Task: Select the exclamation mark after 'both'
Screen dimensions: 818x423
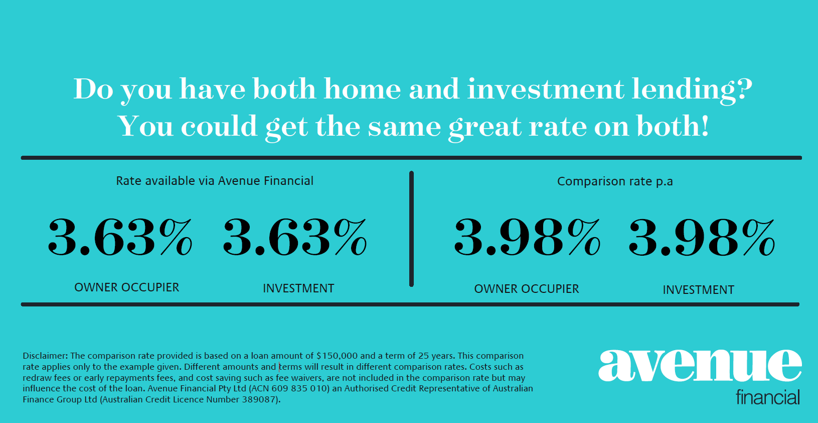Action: point(705,126)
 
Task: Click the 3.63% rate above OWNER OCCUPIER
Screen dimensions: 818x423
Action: point(120,237)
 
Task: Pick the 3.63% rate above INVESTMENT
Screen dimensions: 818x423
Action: point(295,237)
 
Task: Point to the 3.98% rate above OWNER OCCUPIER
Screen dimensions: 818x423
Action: point(527,237)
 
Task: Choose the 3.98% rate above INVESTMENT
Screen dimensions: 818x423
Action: point(702,237)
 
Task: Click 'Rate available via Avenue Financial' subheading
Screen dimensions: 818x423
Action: point(215,181)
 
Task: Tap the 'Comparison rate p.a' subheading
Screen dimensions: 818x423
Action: point(615,181)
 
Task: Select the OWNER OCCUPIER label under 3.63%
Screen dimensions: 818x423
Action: point(127,287)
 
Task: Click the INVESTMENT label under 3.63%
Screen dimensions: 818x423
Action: point(298,288)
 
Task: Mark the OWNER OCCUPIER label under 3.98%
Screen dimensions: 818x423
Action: point(527,289)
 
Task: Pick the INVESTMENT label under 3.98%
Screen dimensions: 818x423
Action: point(698,290)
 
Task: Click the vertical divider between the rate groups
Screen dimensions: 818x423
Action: point(412,229)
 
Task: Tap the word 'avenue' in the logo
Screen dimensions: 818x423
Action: point(700,366)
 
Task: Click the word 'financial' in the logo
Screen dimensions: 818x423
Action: point(768,397)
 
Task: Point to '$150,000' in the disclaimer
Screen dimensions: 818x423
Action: point(337,356)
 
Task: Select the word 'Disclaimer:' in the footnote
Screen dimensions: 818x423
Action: point(45,356)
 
